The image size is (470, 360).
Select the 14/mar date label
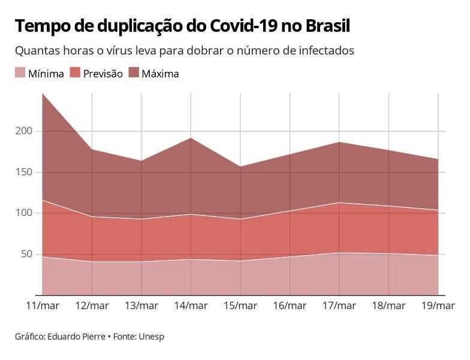[191, 306]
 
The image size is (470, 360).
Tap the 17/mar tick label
[339, 306]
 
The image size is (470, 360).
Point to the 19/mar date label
[438, 306]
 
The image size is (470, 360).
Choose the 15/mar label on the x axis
[240, 306]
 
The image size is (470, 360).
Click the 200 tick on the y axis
[24, 131]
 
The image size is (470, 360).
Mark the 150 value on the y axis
[24, 172]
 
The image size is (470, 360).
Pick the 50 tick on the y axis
[26, 254]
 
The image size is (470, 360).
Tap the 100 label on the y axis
[24, 213]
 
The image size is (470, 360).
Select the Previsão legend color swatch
[76, 73]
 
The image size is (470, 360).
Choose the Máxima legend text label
[160, 74]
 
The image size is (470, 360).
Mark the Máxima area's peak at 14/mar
[191, 138]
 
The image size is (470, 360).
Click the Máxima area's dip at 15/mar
[240, 167]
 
